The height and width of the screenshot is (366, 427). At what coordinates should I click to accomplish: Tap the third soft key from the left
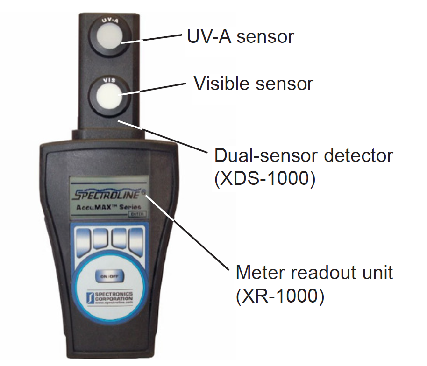point(119,238)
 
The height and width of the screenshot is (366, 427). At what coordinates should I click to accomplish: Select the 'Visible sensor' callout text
point(253,84)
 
